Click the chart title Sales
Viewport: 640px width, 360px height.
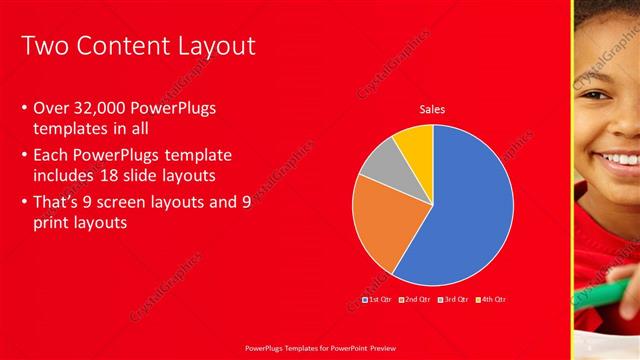[x=432, y=110]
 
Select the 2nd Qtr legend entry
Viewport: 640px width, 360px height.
[x=415, y=299]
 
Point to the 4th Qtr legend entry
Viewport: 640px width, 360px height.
[x=490, y=299]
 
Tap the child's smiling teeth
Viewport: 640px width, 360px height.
[x=617, y=158]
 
